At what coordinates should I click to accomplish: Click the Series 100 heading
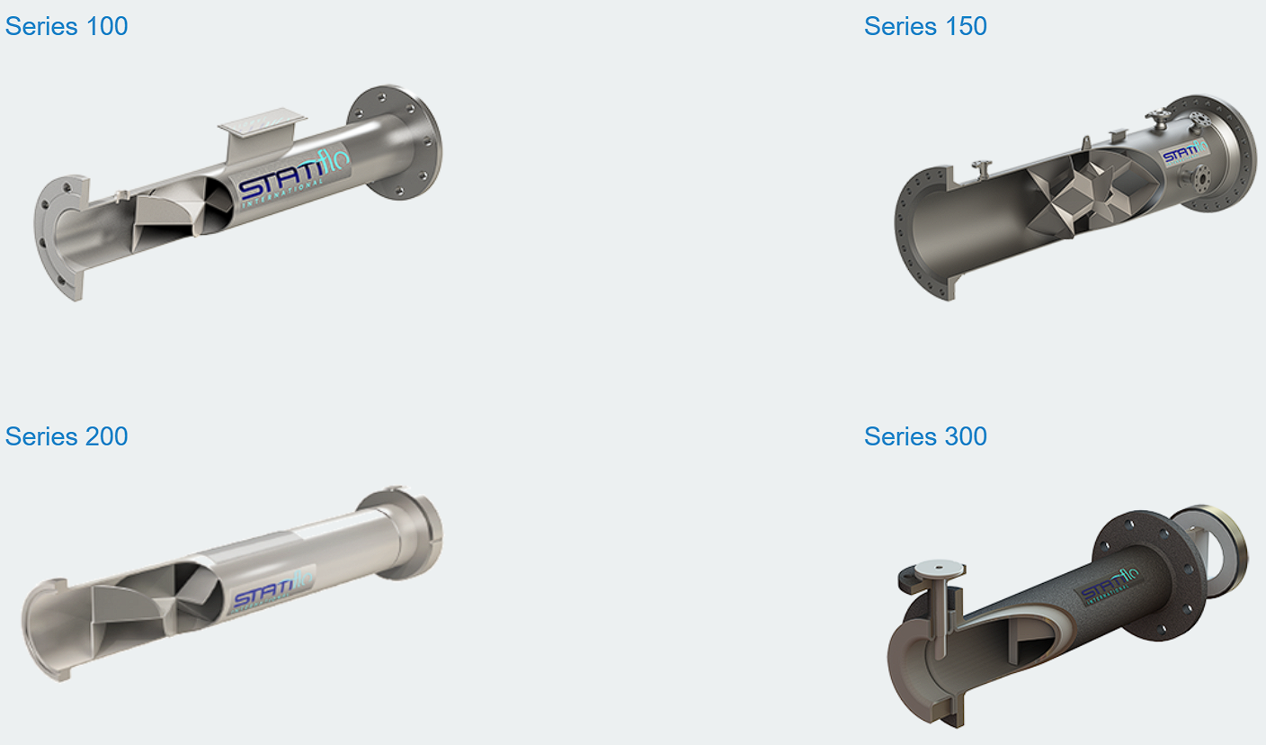pos(67,27)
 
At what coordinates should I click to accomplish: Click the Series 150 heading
pos(925,27)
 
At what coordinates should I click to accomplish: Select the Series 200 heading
pos(67,436)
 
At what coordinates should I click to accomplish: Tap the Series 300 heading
pos(925,436)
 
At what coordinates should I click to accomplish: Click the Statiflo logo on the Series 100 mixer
pos(293,177)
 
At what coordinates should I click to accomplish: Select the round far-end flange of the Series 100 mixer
pos(396,142)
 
